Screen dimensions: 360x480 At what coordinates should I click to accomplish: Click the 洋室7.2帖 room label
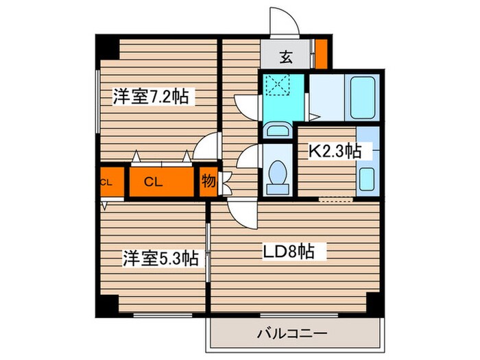(x=150, y=97)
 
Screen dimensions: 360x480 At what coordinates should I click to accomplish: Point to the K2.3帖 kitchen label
(x=333, y=151)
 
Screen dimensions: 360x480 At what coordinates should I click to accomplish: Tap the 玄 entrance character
(x=286, y=58)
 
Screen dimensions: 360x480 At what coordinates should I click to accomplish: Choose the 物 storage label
(x=207, y=182)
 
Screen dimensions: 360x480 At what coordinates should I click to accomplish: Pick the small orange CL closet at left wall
(x=107, y=182)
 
